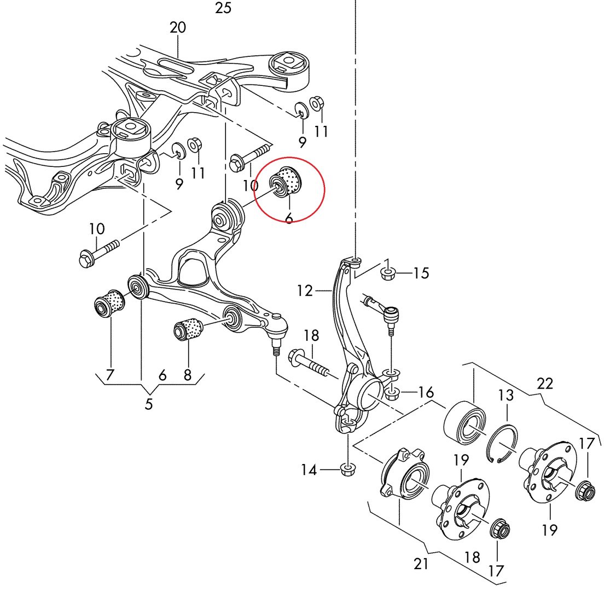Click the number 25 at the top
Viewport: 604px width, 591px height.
tap(223, 8)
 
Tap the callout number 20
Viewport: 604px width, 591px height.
tap(178, 28)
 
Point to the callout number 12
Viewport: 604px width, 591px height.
tap(305, 291)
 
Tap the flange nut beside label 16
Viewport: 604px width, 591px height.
tap(392, 393)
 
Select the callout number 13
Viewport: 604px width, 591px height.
tap(506, 395)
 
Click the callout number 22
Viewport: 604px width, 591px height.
tap(545, 384)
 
